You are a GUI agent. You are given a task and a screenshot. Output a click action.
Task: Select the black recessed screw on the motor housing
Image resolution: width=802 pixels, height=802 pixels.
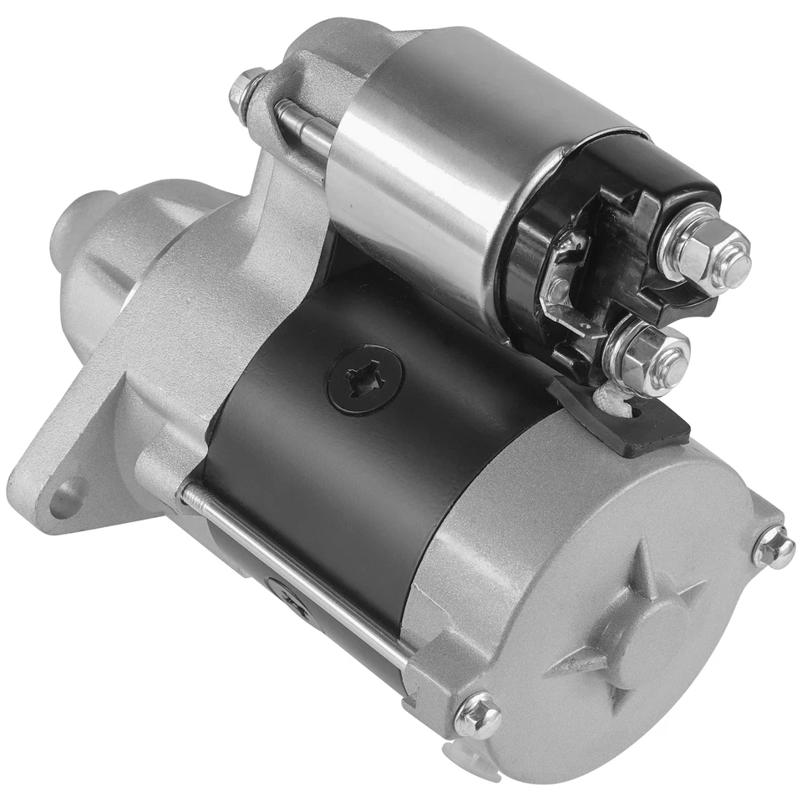[365, 382]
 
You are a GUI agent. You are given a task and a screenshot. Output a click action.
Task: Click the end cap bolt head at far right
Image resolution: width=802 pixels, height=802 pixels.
[774, 549]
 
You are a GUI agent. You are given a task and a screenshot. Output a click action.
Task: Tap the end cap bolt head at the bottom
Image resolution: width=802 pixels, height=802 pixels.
[478, 716]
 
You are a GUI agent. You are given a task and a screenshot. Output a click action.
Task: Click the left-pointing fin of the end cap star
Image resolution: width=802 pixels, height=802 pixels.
[576, 664]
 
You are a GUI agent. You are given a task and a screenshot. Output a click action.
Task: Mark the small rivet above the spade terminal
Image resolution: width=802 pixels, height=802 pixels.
[575, 242]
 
